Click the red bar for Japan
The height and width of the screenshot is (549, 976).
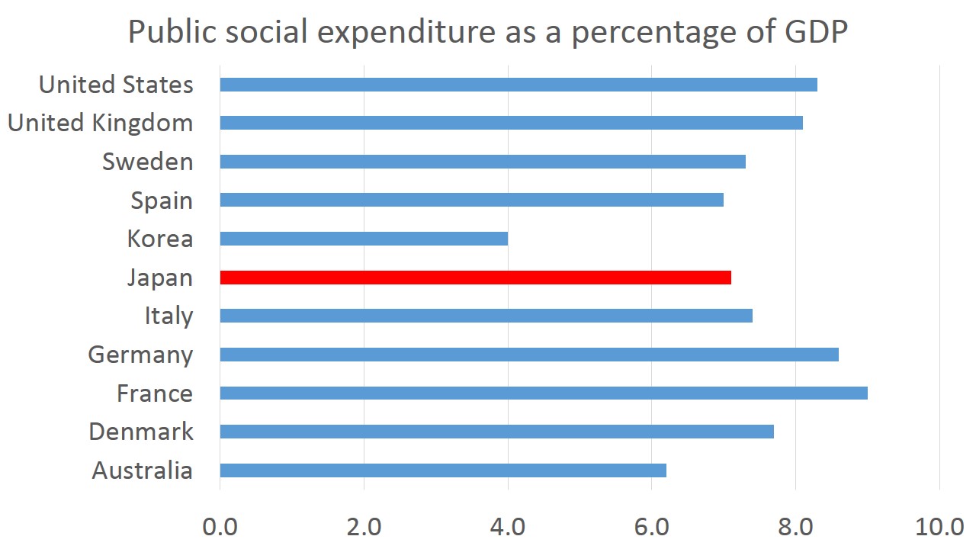tap(475, 278)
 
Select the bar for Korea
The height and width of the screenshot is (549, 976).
tap(364, 239)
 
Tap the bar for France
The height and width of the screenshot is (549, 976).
tap(543, 393)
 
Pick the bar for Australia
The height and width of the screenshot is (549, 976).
tap(442, 470)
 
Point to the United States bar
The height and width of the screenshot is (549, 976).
tap(518, 85)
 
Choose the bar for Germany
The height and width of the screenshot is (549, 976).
tap(528, 355)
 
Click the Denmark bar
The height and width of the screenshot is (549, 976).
tap(496, 432)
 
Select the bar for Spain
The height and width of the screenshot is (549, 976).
tap(471, 200)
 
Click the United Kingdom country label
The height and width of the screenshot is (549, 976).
tap(100, 123)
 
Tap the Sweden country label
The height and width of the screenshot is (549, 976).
tap(147, 162)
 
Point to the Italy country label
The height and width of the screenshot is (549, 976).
tap(169, 316)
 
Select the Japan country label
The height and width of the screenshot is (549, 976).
tap(160, 278)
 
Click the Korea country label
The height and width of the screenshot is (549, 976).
tap(160, 239)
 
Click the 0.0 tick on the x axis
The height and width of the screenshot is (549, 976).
tap(220, 526)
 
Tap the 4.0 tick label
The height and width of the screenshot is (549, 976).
tap(508, 526)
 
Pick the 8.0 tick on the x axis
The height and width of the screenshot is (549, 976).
tap(795, 526)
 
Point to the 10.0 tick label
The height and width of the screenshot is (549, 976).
tap(939, 526)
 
